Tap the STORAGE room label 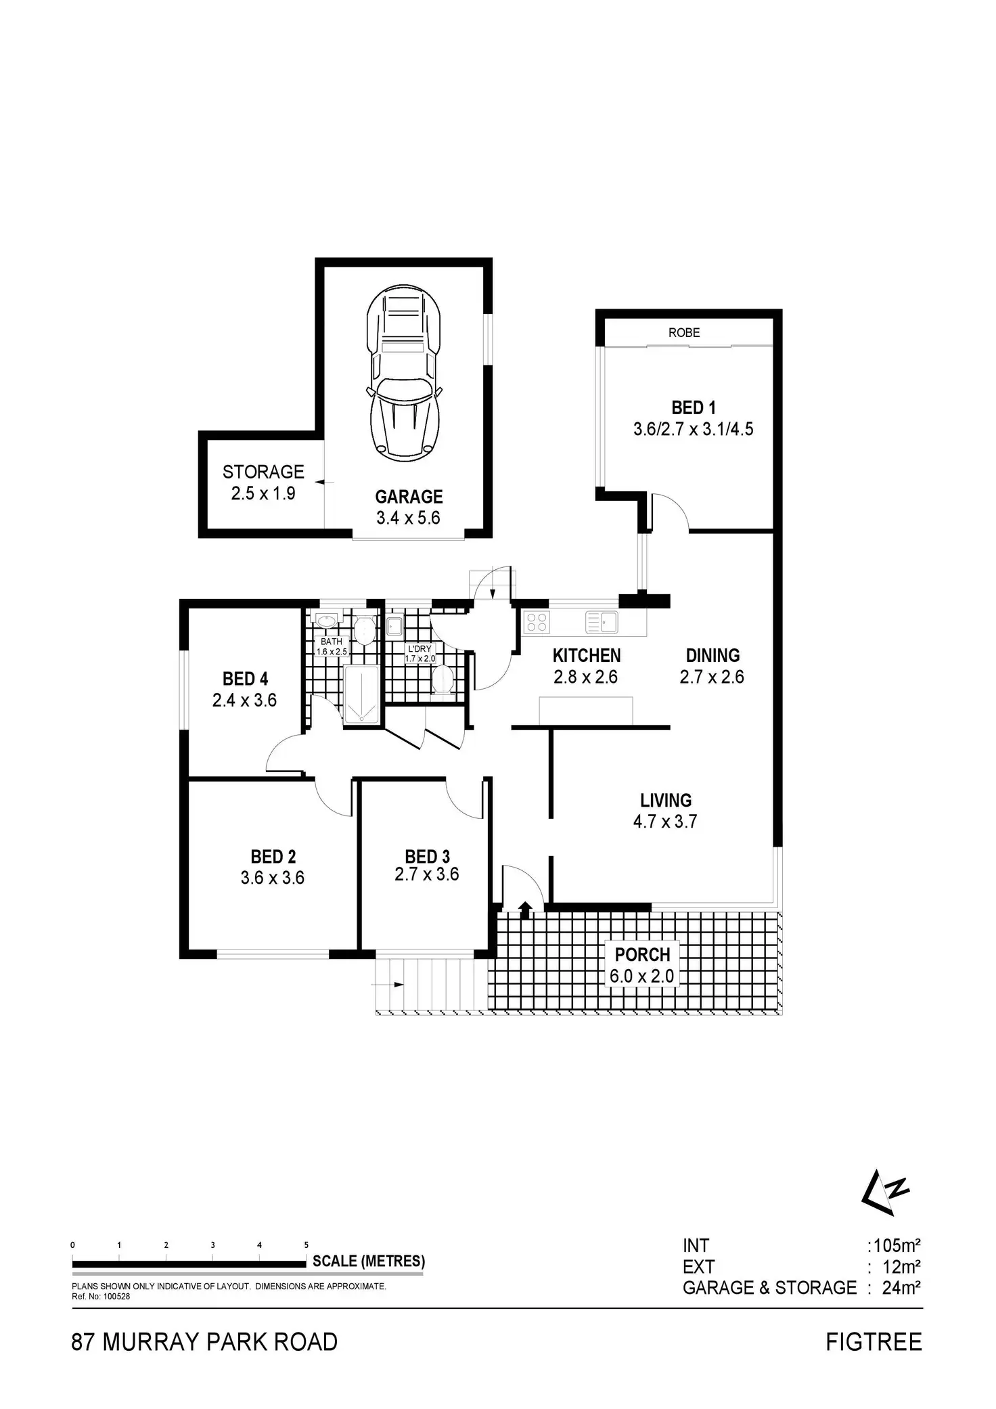click(263, 472)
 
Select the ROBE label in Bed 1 click(684, 332)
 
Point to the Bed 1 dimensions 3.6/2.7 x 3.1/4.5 click(693, 429)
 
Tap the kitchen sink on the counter click(602, 621)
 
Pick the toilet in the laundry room click(443, 679)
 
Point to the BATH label click(332, 642)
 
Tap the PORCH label click(642, 955)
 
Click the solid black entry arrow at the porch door click(525, 909)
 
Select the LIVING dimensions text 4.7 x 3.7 click(666, 822)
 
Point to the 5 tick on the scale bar click(306, 1245)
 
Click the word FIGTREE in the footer click(874, 1342)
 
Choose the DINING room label click(712, 655)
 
